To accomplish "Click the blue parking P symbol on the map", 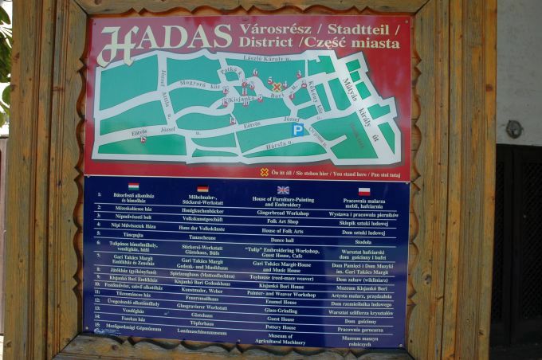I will (x=297, y=129).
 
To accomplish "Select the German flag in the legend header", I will (x=202, y=189).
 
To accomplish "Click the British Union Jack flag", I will (x=283, y=190).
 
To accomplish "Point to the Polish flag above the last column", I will (x=363, y=191).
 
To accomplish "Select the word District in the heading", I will (x=265, y=44).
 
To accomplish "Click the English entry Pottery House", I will (x=282, y=327).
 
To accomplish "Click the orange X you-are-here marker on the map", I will (x=277, y=87).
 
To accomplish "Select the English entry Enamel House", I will (x=283, y=302).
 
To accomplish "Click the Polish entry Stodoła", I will (x=363, y=241).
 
